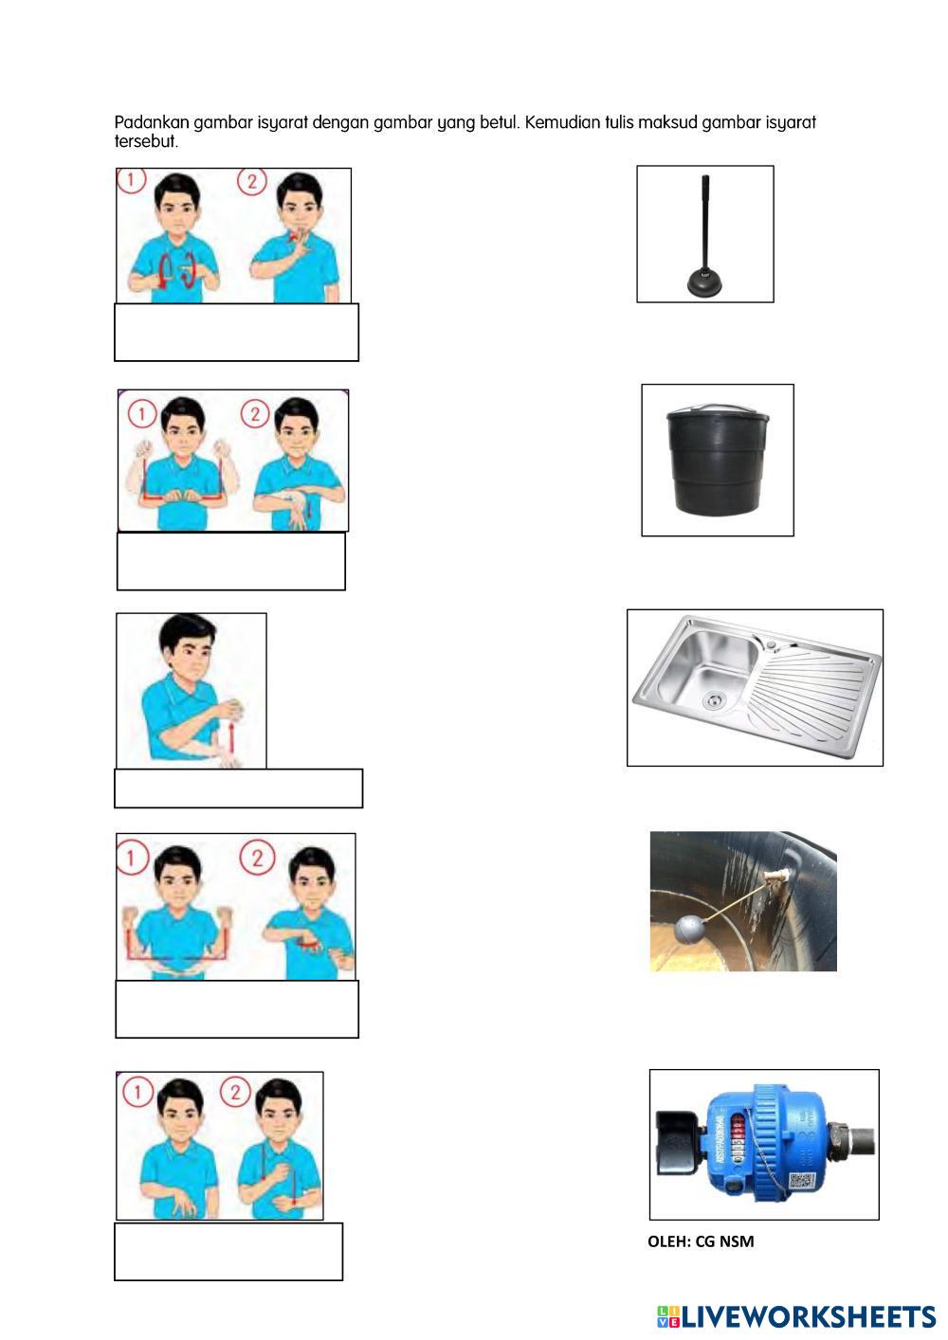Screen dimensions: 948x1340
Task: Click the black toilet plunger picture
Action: tap(705, 234)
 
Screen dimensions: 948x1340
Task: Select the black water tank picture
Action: tap(718, 460)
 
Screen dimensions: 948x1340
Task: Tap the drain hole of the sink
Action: tap(713, 698)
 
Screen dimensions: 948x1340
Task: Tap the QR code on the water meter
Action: tap(801, 1181)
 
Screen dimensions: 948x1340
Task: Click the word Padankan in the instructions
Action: tap(152, 122)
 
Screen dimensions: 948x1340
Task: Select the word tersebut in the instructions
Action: tap(146, 142)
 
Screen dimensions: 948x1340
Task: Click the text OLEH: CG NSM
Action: tap(701, 1241)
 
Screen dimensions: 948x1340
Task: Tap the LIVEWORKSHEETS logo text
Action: tap(809, 1316)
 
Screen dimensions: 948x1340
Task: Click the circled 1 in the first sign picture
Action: tap(132, 180)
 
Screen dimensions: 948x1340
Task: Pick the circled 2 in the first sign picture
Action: tap(252, 181)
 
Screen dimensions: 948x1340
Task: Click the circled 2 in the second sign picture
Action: tap(256, 414)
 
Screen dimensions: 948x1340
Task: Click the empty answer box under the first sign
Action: tap(236, 332)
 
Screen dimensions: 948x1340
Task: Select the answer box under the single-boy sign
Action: tap(238, 788)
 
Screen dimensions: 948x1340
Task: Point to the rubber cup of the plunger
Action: tap(705, 283)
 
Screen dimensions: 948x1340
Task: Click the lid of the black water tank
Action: tap(719, 411)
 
